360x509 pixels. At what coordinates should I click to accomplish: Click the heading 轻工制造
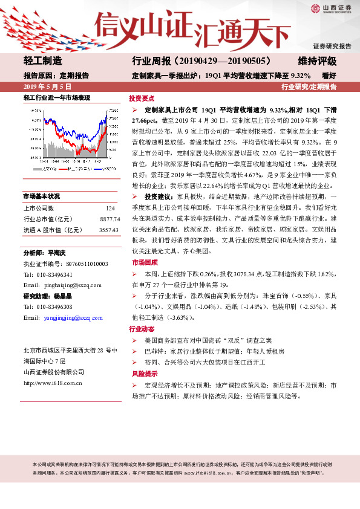[x=42, y=61]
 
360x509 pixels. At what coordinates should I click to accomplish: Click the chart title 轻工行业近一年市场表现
[x=56, y=97]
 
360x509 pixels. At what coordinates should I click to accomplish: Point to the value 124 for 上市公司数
[x=110, y=207]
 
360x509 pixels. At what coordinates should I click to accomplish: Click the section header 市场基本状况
[x=42, y=196]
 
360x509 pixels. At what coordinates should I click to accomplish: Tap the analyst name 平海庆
[x=59, y=253]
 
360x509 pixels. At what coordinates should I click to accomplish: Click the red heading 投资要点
[x=141, y=98]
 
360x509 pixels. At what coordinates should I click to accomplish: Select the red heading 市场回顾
[x=141, y=263]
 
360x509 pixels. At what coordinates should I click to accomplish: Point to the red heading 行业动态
[x=141, y=329]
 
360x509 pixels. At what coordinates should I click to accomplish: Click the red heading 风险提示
[x=141, y=374]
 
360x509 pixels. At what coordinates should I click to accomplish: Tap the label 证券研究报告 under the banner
[x=332, y=46]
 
